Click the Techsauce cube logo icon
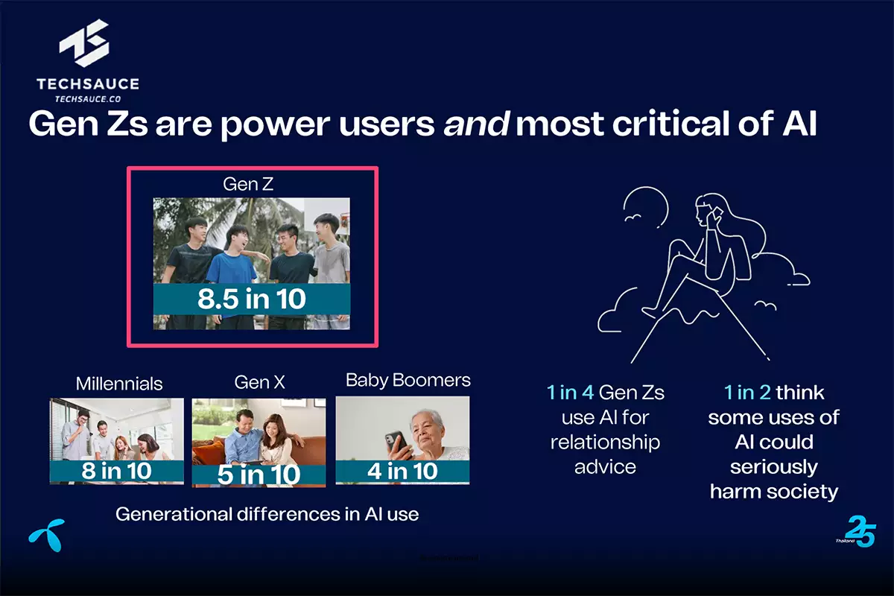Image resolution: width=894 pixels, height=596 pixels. point(84,43)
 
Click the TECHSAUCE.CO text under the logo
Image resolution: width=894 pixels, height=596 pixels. point(88,99)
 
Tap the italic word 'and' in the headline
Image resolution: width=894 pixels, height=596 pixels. point(476,124)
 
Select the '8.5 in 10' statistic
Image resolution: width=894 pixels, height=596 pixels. point(252,299)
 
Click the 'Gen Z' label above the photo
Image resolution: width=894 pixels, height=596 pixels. point(248,184)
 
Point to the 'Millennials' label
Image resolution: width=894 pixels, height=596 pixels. point(119,384)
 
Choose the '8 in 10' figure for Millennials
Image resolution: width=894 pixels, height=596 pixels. point(116,471)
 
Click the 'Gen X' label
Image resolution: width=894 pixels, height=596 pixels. point(259,382)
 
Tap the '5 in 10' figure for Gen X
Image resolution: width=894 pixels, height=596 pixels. point(259,475)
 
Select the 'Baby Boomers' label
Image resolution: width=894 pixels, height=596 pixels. point(408,380)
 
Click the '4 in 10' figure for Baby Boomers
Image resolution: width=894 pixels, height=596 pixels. point(402,471)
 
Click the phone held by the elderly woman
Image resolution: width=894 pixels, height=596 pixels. point(395,441)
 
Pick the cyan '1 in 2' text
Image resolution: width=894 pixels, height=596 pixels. point(747,393)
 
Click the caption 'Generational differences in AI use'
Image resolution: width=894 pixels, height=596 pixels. point(267,514)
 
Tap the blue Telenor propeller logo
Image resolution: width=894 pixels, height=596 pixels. point(48,534)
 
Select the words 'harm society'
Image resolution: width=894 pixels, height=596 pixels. point(774,492)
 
